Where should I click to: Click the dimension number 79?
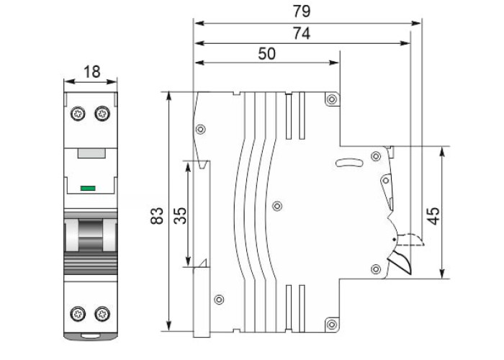pyautogui.click(x=301, y=12)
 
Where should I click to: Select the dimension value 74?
pyautogui.click(x=301, y=33)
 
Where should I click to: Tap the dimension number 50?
pyautogui.click(x=266, y=54)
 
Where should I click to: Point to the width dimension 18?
pyautogui.click(x=91, y=71)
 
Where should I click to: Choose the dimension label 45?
pyautogui.click(x=432, y=215)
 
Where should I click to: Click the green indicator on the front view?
pyautogui.click(x=89, y=189)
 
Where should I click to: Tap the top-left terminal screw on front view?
pyautogui.click(x=78, y=113)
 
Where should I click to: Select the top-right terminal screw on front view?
pyautogui.click(x=101, y=113)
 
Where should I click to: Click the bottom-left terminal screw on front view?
pyautogui.click(x=78, y=313)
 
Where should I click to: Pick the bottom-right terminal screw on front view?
pyautogui.click(x=101, y=313)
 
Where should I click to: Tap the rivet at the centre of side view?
pyautogui.click(x=277, y=206)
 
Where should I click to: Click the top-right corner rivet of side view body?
pyautogui.click(x=331, y=99)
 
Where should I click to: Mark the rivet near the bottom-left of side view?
pyautogui.click(x=220, y=299)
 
